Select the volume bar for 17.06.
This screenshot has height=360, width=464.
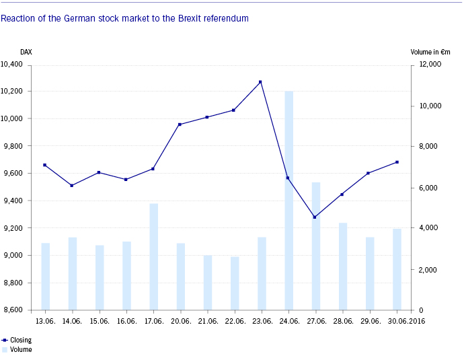click(x=153, y=256)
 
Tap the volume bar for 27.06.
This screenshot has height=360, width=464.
click(x=315, y=246)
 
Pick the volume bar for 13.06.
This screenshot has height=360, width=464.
click(x=45, y=277)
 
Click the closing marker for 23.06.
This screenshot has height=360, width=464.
click(x=260, y=82)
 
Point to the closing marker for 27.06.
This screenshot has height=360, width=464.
click(x=314, y=217)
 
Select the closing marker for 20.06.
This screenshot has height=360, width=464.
click(x=180, y=124)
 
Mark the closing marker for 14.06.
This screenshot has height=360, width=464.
click(x=72, y=185)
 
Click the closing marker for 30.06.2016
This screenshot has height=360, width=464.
click(x=397, y=162)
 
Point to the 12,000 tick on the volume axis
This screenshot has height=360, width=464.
click(x=429, y=65)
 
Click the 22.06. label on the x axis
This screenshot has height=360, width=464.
click(x=233, y=322)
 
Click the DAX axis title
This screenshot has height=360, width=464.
click(x=26, y=52)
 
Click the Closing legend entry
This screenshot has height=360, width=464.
click(x=21, y=340)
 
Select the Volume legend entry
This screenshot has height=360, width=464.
click(x=21, y=350)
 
